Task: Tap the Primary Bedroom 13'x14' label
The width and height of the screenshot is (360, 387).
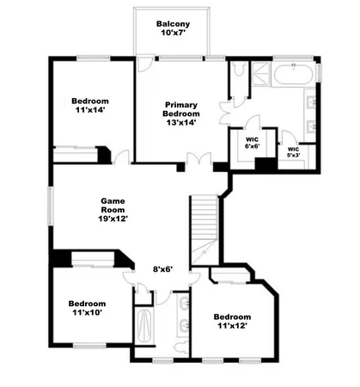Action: pos(181,114)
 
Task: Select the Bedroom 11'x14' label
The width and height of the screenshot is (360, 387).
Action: pos(88,107)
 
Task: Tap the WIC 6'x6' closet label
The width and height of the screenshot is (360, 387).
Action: pos(252,142)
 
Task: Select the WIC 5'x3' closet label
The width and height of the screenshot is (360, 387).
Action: pos(294,152)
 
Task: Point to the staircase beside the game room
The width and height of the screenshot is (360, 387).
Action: pos(204,228)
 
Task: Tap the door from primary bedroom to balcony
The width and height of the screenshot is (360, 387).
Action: pos(145,65)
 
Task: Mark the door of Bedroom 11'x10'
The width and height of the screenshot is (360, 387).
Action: pos(129,277)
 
